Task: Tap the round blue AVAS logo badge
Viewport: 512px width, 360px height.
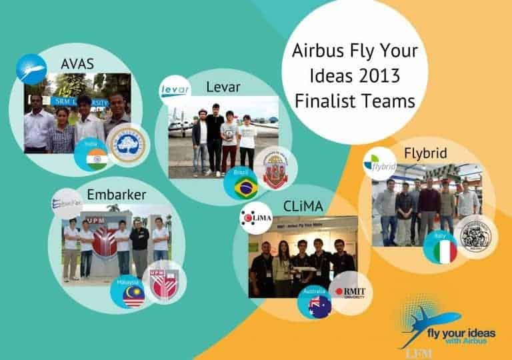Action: [x=31, y=69]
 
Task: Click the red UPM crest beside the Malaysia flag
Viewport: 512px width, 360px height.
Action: [x=164, y=285]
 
